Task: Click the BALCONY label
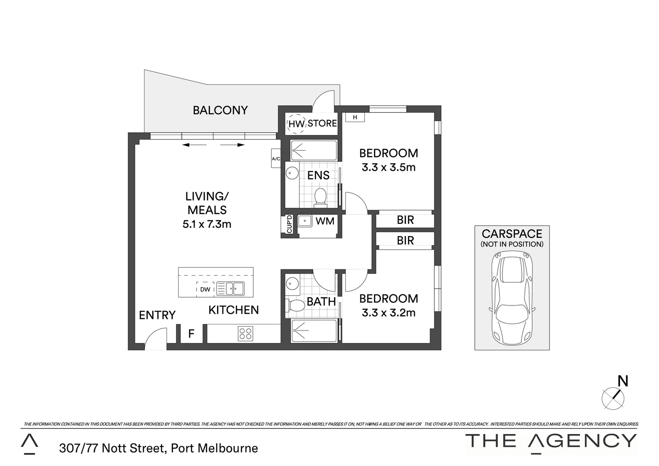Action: coord(220,110)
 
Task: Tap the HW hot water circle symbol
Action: coord(296,123)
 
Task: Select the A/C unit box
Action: coord(276,159)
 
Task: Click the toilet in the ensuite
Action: coord(320,196)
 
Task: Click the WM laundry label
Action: coord(325,221)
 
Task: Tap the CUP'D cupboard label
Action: coord(289,224)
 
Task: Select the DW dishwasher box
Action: coord(205,289)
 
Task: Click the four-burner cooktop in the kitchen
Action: coord(246,334)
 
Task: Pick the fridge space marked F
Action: coord(191,334)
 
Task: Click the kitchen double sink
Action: coord(230,288)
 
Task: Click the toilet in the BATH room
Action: coord(296,305)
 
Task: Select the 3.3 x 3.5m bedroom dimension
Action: coord(389,167)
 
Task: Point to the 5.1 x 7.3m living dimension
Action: coord(207,224)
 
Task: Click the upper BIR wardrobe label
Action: coord(405,220)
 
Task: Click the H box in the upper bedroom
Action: coord(355,117)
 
